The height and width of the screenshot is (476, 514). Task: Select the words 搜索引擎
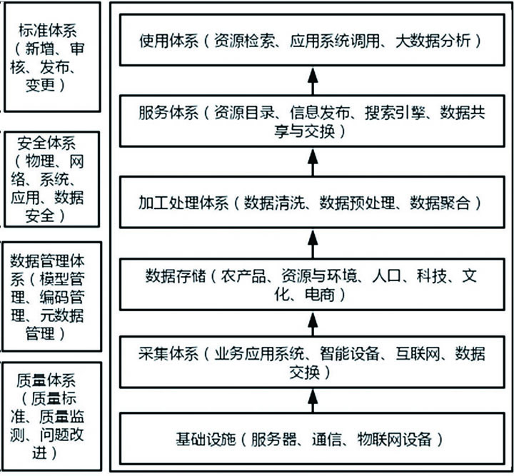[x=394, y=112]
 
